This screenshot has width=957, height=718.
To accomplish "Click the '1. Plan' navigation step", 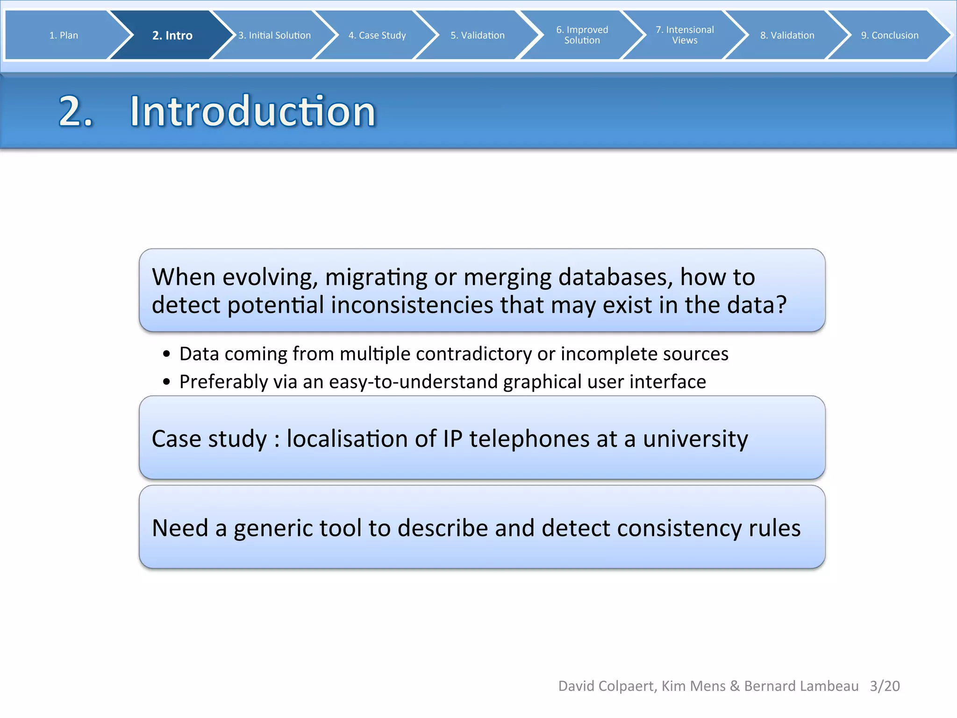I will (x=64, y=36).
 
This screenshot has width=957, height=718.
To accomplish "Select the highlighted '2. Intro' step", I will (x=172, y=36).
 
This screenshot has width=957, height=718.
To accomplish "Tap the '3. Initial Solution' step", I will (x=274, y=36).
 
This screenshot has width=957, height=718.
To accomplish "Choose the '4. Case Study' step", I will (x=377, y=36).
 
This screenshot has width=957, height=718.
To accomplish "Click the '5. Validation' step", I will (x=478, y=36).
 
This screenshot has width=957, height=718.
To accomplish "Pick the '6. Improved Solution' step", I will (x=582, y=35).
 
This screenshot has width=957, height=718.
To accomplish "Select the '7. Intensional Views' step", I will (x=685, y=35).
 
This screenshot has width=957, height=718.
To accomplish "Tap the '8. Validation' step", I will (x=787, y=36).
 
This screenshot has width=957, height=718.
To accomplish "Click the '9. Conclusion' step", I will (x=889, y=36).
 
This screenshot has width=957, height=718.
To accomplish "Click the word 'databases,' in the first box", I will (x=615, y=277).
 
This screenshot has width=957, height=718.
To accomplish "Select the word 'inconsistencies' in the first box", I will (x=412, y=305).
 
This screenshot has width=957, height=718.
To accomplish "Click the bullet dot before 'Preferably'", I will (x=167, y=382).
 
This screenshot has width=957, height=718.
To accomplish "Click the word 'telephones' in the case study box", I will (x=529, y=439).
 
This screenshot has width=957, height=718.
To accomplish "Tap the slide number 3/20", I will (x=885, y=686).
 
